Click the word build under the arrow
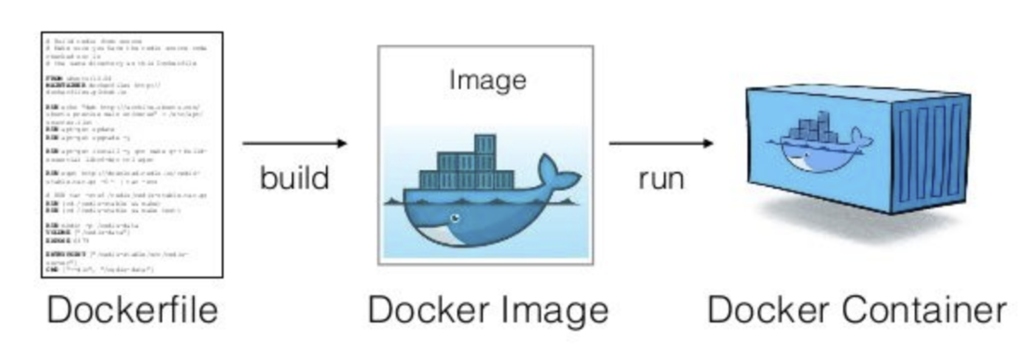294,178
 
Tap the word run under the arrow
661,179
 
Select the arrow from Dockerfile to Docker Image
294,144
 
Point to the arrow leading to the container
661,144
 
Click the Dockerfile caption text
132,310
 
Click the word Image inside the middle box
487,80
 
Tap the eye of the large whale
454,218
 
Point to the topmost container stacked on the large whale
485,144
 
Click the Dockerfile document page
132,154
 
